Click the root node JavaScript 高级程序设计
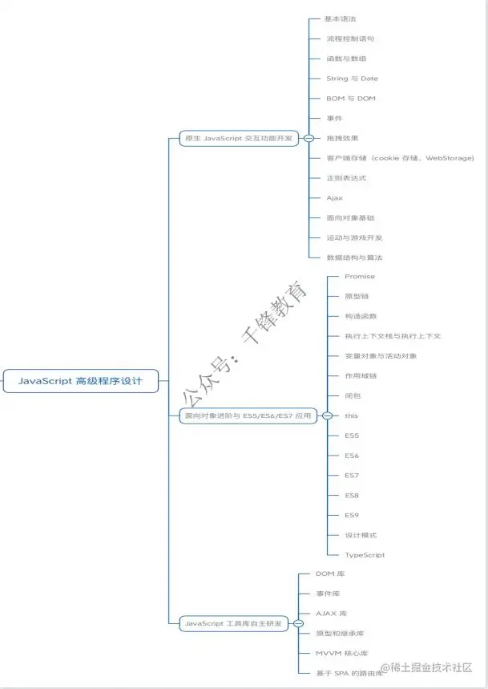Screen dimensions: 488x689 click(x=80, y=380)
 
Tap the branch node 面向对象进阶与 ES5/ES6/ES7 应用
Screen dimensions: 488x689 click(x=247, y=415)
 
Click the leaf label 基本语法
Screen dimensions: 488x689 click(x=341, y=18)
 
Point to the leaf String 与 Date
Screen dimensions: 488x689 click(x=352, y=79)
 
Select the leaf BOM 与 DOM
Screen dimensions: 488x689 click(x=350, y=99)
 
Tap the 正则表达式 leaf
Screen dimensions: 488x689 click(x=345, y=178)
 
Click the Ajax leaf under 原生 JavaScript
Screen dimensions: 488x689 click(x=334, y=197)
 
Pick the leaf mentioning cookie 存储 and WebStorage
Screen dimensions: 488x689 click(x=400, y=158)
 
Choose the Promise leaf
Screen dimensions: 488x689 click(x=359, y=276)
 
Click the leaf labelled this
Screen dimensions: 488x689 click(x=351, y=415)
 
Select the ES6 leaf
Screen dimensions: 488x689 click(x=352, y=456)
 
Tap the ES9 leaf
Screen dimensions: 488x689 click(x=352, y=515)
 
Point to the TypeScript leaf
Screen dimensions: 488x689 click(x=365, y=555)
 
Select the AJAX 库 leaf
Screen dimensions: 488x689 click(x=331, y=614)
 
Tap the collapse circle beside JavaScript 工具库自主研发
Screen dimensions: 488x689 click(x=297, y=623)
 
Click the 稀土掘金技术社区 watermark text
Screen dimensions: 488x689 click(x=428, y=667)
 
